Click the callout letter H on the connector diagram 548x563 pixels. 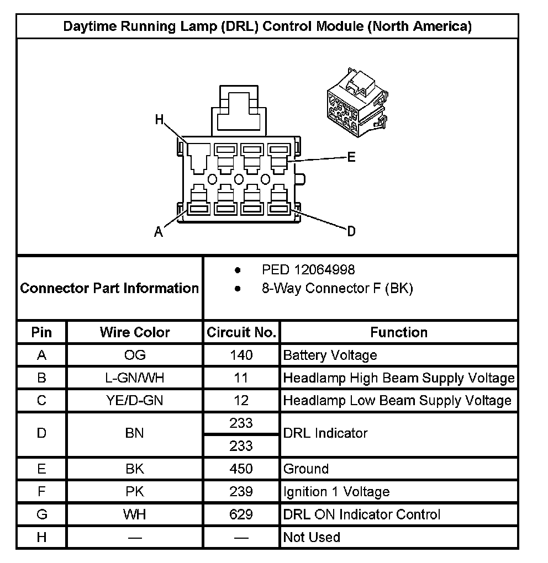(160, 120)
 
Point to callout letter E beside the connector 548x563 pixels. (351, 157)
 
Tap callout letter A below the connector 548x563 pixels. (159, 232)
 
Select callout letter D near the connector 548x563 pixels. (351, 231)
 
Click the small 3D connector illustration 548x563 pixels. (355, 103)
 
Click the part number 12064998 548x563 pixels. (325, 270)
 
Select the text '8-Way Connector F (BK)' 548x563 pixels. (337, 288)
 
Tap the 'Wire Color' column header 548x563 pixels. (135, 332)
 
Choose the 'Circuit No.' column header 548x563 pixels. (241, 332)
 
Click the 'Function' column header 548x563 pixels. (399, 332)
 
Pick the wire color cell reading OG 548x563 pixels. (135, 355)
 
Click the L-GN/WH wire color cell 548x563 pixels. (135, 378)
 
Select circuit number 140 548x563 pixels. (241, 355)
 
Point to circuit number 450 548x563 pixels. (241, 469)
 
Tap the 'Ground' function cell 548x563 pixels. (306, 469)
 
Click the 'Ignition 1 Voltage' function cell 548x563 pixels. (336, 492)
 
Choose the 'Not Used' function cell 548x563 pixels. (312, 537)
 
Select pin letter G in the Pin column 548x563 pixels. (42, 514)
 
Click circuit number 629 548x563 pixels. (241, 514)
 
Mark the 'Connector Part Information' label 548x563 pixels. (109, 288)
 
